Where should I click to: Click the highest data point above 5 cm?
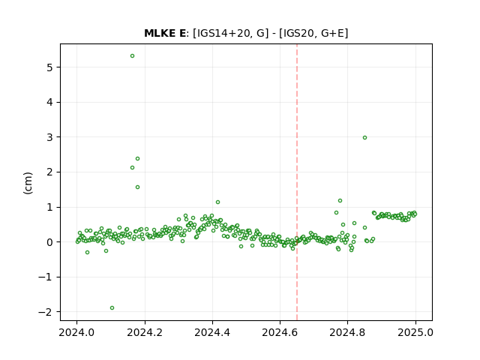tap(132, 56)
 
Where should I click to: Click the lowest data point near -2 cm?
tap(112, 308)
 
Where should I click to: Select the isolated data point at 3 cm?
tap(364, 138)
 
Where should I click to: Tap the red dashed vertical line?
tap(297, 182)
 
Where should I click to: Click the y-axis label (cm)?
tap(28, 183)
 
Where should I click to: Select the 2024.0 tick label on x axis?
tap(76, 332)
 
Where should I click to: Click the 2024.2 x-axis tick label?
tap(145, 332)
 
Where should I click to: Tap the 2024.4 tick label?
tap(212, 332)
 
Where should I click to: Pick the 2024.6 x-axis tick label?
tap(280, 332)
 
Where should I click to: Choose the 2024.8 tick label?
tap(347, 332)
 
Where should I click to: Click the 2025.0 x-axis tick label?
tap(415, 332)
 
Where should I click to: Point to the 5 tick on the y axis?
tap(49, 67)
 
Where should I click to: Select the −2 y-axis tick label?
tap(45, 312)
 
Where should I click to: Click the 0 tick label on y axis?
tap(49, 242)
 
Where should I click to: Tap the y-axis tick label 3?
tap(49, 137)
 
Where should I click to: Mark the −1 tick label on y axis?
tap(45, 277)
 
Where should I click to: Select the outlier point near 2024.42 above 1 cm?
tap(217, 202)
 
